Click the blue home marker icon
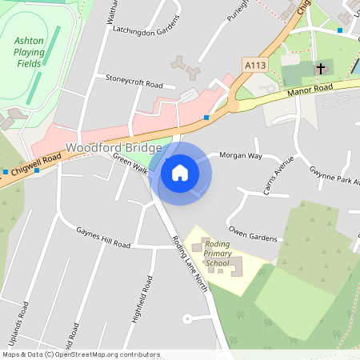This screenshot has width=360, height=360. (180, 172)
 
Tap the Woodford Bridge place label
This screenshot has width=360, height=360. (114, 148)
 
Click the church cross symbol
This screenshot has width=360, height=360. (321, 69)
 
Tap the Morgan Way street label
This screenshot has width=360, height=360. (241, 155)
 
